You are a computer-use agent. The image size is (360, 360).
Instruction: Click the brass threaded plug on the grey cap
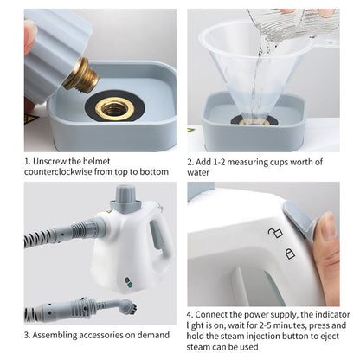81,75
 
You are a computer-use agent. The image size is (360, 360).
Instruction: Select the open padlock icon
274,232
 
